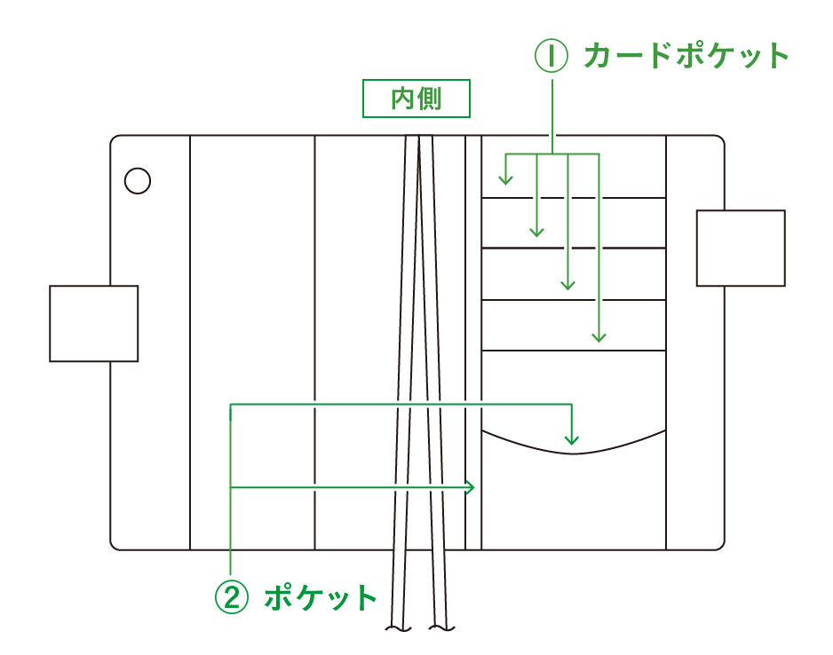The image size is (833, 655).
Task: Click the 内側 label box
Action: point(416,99)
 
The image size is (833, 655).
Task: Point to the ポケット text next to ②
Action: point(321,597)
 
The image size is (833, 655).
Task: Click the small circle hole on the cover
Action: point(138,181)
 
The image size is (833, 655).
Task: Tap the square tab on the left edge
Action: point(93,323)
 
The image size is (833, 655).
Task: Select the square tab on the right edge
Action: point(740,249)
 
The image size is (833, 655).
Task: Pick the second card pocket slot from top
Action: point(573,223)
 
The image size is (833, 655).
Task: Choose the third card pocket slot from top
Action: point(573,274)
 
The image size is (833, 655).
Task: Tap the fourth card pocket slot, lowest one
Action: point(573,326)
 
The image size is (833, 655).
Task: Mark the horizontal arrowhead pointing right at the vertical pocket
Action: point(472,487)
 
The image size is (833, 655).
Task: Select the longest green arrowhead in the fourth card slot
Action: point(599,336)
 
